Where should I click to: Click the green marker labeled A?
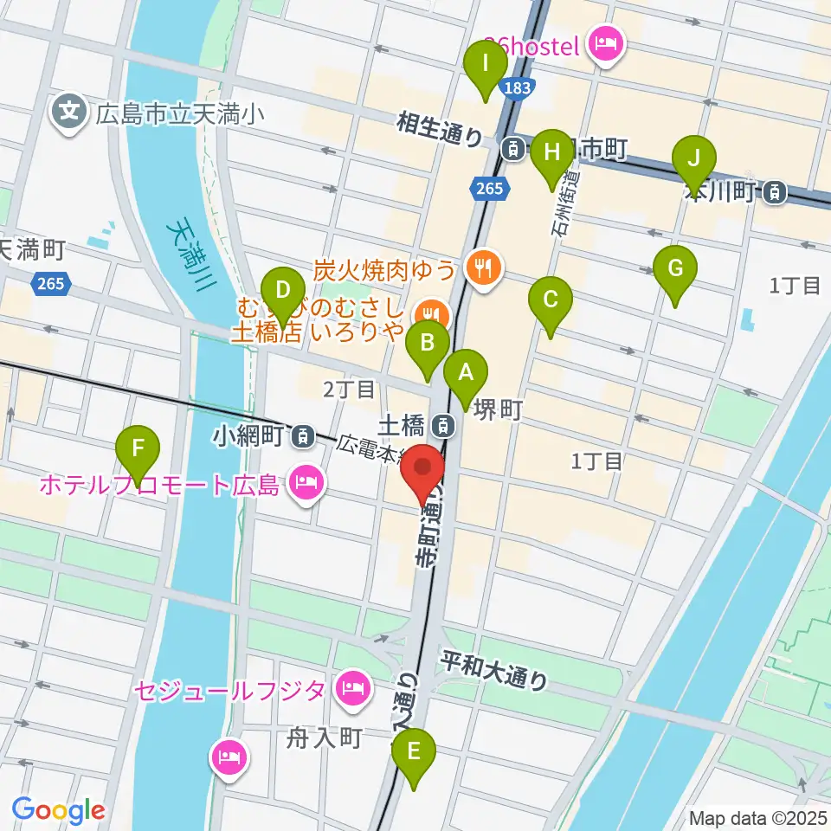(466, 375)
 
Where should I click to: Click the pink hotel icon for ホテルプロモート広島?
(305, 480)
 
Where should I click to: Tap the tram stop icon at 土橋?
(443, 425)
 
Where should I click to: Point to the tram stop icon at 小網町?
(303, 436)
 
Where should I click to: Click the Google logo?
(59, 809)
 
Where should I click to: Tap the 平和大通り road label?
(494, 670)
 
